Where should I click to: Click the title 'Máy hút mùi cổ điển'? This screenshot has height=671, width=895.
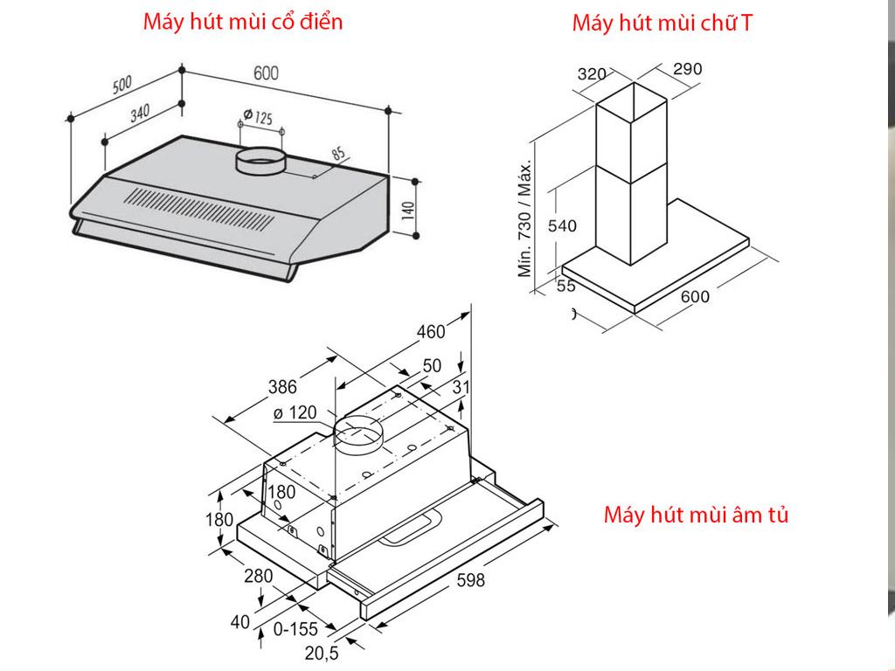[x=243, y=22]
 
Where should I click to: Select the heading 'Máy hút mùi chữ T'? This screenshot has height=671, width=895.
[x=662, y=24]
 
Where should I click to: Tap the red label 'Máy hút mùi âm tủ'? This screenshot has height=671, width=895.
[x=696, y=515]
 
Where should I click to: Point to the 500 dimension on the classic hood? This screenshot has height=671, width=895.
[x=121, y=84]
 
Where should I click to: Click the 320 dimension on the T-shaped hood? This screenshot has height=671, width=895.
[x=592, y=74]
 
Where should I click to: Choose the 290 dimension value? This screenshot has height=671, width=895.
[x=688, y=69]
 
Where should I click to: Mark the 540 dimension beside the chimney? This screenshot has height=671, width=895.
[x=562, y=226]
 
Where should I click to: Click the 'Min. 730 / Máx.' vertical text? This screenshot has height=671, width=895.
[x=526, y=219]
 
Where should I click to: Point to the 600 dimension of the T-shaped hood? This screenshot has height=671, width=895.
[x=695, y=296]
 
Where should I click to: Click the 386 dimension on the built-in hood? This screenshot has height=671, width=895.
[x=282, y=387]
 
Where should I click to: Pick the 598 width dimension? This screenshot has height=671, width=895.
[x=469, y=580]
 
